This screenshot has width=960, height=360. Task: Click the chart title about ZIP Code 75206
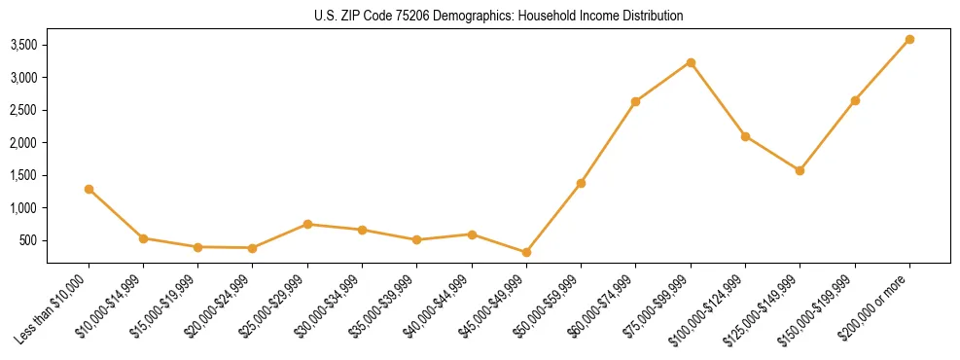click(498, 17)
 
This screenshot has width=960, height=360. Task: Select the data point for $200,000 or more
click(909, 39)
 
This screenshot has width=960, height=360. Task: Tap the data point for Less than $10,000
click(89, 189)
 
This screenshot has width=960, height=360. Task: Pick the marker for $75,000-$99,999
click(691, 62)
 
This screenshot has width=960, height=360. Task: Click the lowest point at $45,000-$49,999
click(526, 252)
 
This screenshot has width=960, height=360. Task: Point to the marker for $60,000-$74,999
click(635, 101)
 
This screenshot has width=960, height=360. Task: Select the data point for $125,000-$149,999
click(800, 170)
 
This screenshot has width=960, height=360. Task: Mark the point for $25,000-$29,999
click(307, 224)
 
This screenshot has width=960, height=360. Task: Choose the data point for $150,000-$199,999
click(855, 100)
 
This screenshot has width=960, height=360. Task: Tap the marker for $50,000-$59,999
click(581, 183)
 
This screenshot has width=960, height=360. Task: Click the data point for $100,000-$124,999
click(745, 136)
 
